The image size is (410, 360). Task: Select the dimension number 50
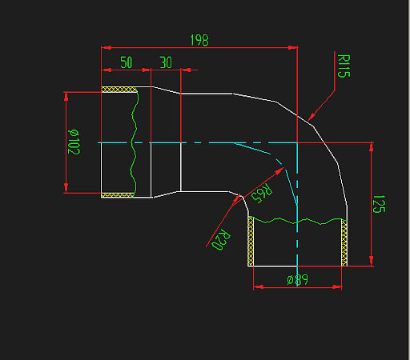coord(127,62)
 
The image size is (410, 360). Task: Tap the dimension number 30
coord(166,62)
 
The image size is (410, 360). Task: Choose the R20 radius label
coord(221,239)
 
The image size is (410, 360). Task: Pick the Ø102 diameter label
coord(74,141)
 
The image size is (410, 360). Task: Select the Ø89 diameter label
coord(297,280)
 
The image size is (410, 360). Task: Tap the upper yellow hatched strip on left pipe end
coord(118,90)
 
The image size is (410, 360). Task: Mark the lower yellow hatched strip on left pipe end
coord(118,194)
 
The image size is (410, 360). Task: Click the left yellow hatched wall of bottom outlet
coord(251,241)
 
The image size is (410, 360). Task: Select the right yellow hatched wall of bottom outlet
coord(345,242)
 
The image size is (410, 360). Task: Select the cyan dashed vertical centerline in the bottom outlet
coord(297,240)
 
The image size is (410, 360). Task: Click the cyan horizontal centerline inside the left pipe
coord(120,142)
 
